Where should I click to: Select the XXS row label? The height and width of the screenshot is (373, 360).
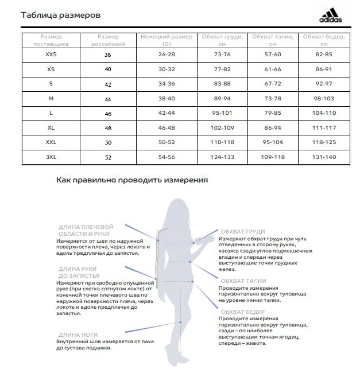click(x=51, y=54)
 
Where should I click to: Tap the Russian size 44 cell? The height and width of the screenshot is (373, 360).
click(x=108, y=99)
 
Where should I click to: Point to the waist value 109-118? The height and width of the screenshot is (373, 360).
click(x=273, y=157)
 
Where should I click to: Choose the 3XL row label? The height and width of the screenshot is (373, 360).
click(x=51, y=157)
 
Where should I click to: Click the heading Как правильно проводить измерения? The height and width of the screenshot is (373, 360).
click(x=132, y=180)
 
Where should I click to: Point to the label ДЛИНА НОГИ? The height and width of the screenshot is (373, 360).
click(x=78, y=335)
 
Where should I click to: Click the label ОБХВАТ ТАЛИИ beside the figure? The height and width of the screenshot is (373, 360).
click(x=242, y=281)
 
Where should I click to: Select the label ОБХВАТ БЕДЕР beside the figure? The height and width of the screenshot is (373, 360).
click(x=242, y=312)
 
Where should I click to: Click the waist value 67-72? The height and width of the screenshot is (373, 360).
click(x=273, y=84)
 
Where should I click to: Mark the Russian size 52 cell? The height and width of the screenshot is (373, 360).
click(x=108, y=157)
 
